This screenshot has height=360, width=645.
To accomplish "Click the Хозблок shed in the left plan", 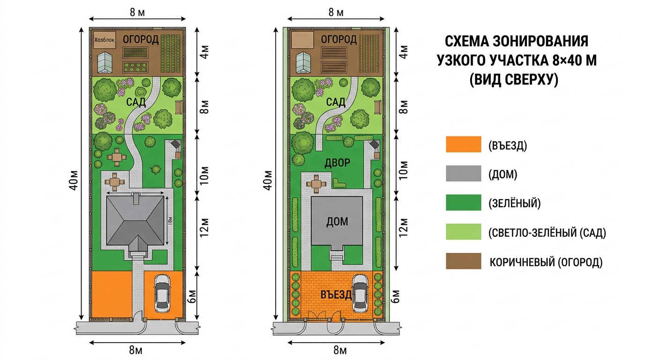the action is coord(105,40).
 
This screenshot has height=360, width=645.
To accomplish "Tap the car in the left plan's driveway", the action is coord(162,293).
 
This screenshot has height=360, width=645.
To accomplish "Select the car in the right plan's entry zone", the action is coord(360,293).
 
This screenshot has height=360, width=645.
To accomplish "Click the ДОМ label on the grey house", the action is coord(337,221).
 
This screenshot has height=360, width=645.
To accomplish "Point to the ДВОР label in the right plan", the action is coord(337,163).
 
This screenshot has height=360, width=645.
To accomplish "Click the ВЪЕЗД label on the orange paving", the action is coord(336,295).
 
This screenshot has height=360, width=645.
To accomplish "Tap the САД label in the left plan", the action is coord(136,102).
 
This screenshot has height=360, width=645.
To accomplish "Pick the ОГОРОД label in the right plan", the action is coord(338,39).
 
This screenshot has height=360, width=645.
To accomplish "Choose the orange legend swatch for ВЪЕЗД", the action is coord(463,144).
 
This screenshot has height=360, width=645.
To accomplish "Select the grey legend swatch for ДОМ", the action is coord(463,173).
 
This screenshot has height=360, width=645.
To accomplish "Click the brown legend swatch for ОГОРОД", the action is coord(463,261).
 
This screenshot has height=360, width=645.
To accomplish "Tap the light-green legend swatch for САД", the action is coord(463,232).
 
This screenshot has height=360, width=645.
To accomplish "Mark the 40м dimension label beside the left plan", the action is coord(74,180).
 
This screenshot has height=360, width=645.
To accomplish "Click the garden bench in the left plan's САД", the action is coord(179,107).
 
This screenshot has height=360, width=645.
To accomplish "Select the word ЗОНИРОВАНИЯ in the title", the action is coord(540,41).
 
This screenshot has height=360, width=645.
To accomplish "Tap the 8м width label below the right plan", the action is coord(340,350).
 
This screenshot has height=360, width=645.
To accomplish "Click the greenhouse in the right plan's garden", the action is coord(303,62).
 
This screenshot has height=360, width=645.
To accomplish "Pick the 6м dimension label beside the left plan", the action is coord(193,296).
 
